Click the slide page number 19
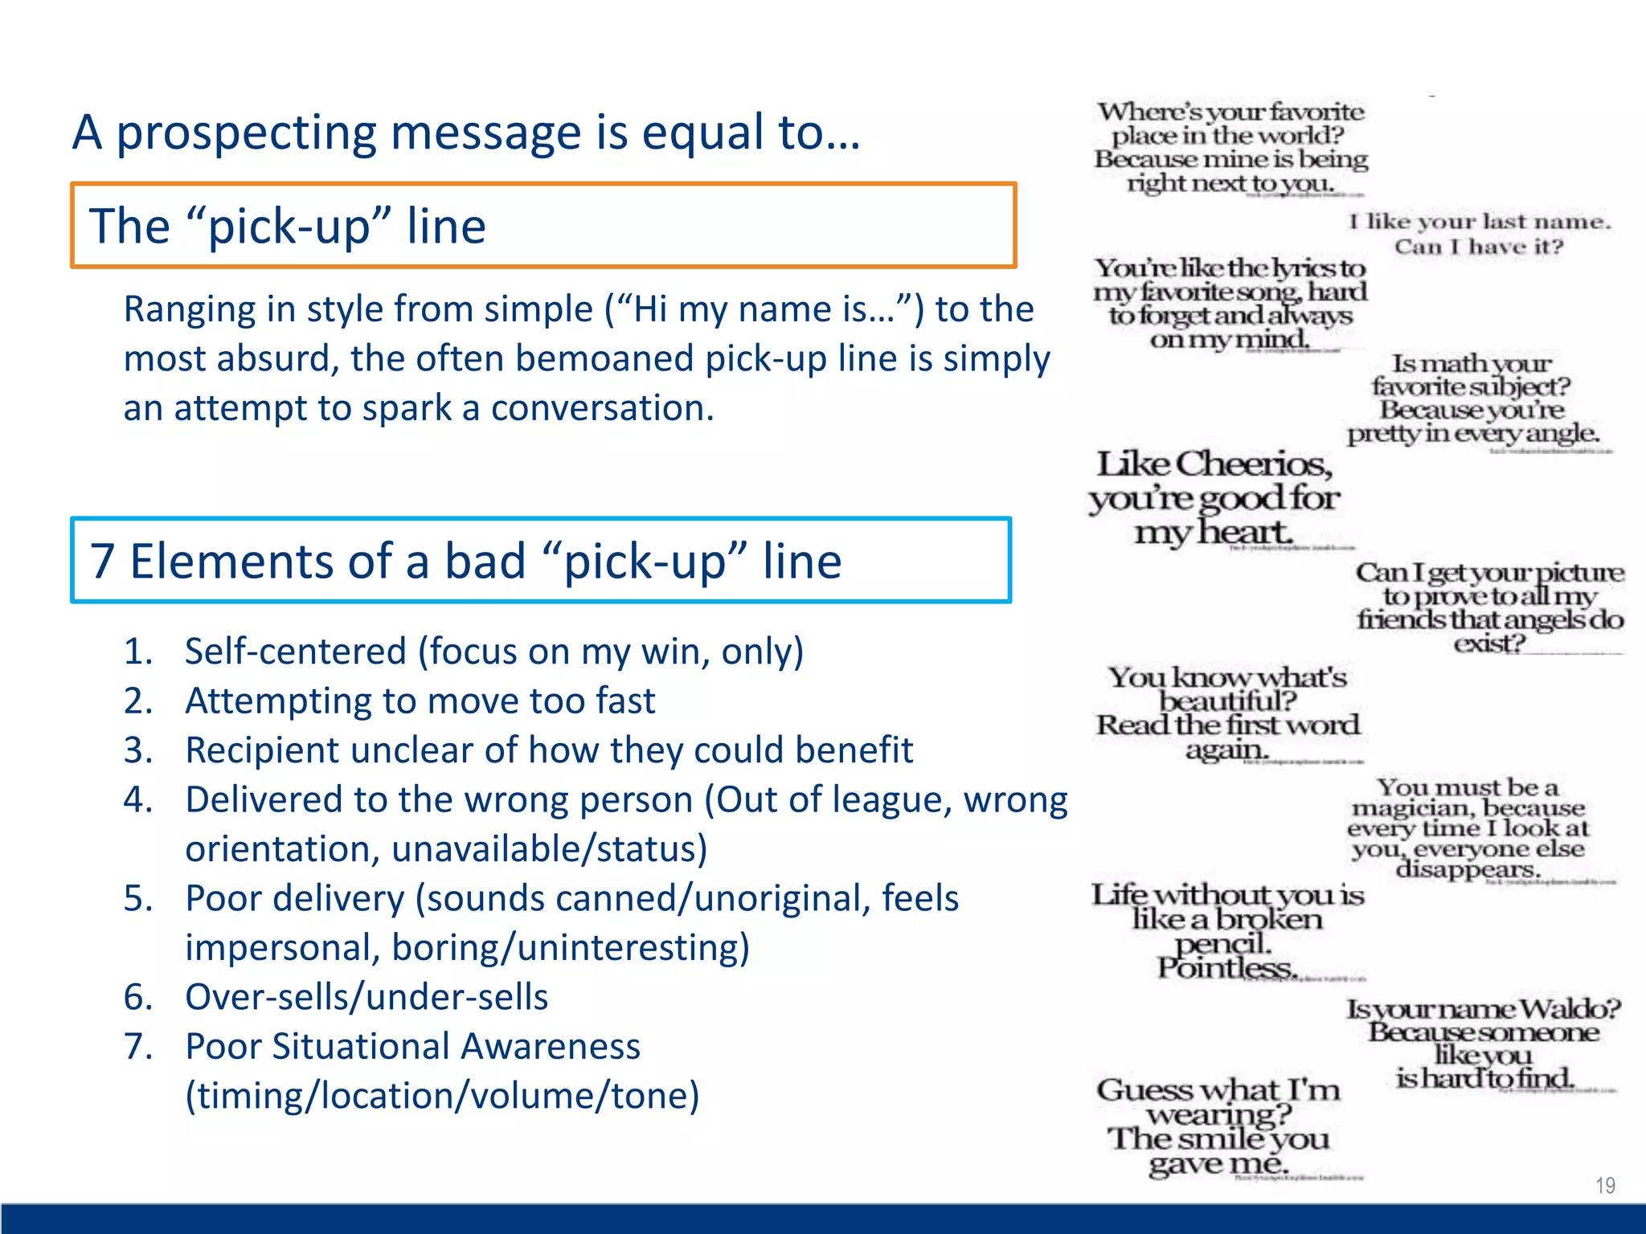(x=1604, y=1185)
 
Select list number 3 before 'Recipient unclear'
(x=137, y=750)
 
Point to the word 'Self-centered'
(x=295, y=652)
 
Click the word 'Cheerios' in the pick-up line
(x=1253, y=465)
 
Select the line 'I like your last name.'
(x=1480, y=222)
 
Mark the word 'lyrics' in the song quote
(x=1291, y=268)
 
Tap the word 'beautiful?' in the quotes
(x=1227, y=701)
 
